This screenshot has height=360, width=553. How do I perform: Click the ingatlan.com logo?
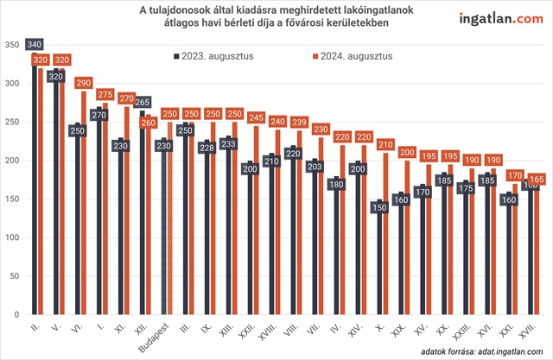coord(493,19)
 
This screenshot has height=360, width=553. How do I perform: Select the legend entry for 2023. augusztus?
coord(218,56)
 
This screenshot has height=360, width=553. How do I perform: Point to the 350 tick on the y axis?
coord(13,45)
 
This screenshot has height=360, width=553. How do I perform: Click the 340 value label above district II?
coord(35,43)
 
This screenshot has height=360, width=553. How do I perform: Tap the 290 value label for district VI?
coord(83,84)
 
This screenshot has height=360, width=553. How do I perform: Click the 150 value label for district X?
coord(378,206)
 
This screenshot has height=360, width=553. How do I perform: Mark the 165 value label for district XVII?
coord(535,180)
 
